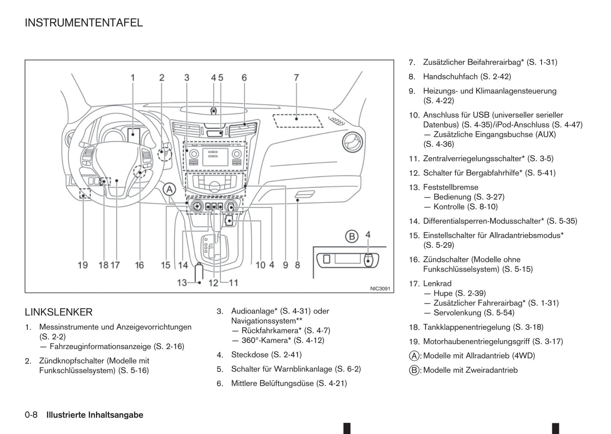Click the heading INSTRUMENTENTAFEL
(84, 23)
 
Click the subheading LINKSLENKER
(58, 312)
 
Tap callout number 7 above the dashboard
(296, 78)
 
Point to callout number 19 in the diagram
(83, 265)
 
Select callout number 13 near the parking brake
(182, 283)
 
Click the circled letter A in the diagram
(170, 189)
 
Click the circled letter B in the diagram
(351, 236)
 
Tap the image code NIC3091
(380, 288)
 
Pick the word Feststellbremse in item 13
(451, 187)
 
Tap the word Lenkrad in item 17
(437, 283)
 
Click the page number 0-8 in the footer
(31, 415)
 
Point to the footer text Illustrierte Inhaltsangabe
(95, 415)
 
